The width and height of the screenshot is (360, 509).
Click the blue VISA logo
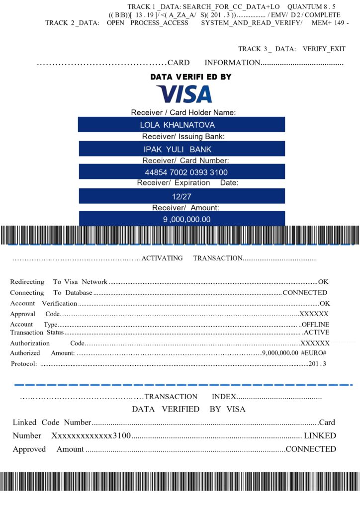[184, 94]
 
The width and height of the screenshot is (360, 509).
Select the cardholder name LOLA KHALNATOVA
[178, 125]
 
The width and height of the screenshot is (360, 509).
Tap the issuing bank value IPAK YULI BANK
[178, 149]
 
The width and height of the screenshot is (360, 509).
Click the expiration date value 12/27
[181, 196]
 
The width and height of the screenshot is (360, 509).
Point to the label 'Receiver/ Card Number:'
[185, 161]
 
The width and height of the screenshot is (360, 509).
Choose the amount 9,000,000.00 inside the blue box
[187, 219]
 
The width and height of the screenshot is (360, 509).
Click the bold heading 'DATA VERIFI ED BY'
[190, 77]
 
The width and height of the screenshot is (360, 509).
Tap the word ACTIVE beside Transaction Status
[316, 332]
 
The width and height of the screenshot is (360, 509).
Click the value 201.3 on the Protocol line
[317, 364]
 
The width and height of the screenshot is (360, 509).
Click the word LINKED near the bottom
[320, 436]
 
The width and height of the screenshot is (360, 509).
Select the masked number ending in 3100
[91, 436]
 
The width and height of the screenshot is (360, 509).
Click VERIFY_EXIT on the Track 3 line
[324, 49]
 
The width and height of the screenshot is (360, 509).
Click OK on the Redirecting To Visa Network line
[324, 282]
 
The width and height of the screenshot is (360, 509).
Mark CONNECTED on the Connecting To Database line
[305, 293]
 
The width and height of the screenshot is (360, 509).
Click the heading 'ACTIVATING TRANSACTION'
[192, 258]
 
